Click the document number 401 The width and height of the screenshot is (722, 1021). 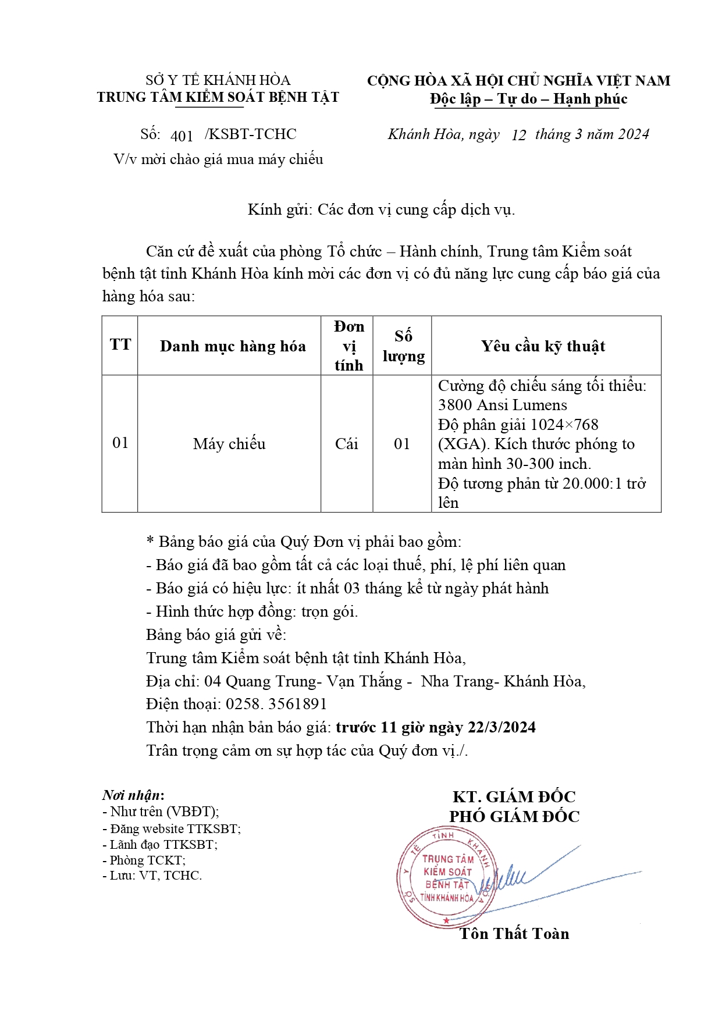tap(182, 136)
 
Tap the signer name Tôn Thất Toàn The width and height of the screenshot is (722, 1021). tap(514, 934)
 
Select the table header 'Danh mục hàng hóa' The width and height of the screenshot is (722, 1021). tap(233, 346)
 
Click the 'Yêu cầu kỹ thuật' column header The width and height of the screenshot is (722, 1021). tap(543, 346)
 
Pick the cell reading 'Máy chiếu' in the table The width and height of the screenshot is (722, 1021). tap(229, 444)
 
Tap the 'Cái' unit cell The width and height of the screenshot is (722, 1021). tap(346, 444)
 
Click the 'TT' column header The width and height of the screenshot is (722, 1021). tap(120, 344)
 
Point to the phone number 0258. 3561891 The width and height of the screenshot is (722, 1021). tap(276, 704)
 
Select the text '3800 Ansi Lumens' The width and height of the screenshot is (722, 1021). tap(502, 405)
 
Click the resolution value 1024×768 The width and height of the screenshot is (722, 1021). tap(564, 425)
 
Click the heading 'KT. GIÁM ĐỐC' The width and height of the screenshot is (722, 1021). tap(514, 796)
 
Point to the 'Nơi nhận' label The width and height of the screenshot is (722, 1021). tap(133, 795)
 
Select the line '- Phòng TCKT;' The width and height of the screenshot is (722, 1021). tap(144, 860)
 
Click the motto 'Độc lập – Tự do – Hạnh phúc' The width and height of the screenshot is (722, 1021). tap(528, 99)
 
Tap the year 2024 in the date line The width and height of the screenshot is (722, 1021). tap(633, 134)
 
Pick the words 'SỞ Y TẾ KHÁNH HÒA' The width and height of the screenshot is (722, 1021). tap(218, 80)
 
